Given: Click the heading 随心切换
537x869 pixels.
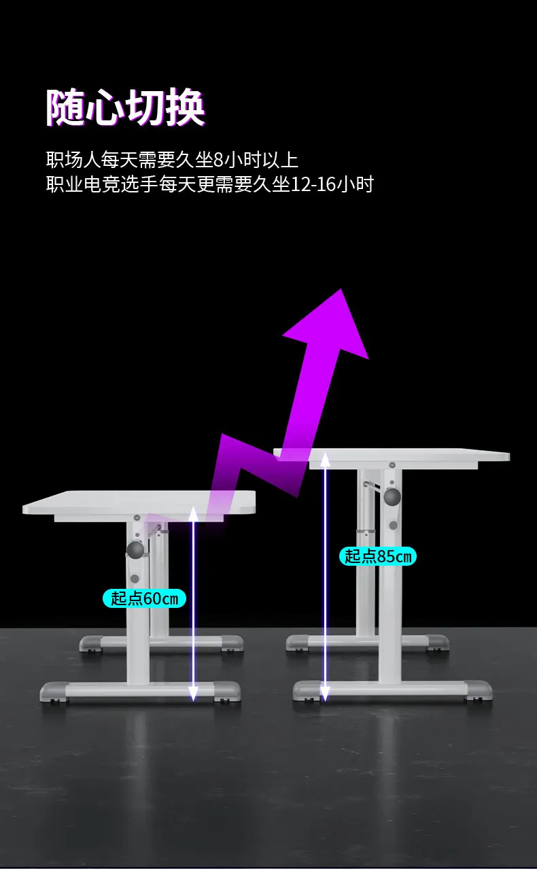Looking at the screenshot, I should pos(126,107).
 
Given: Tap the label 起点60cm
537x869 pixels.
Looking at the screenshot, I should pos(144,598).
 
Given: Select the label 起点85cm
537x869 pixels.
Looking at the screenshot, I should pos(377,556).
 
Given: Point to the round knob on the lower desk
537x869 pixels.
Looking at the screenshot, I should pos(135,549).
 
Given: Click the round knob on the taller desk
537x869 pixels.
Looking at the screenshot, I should pos(392,497).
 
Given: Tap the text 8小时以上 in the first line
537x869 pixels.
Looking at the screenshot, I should pos(256,160).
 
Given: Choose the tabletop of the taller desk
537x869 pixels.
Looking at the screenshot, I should pos(392,455).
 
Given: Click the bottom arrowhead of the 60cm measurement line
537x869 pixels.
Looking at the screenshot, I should pos(194,694).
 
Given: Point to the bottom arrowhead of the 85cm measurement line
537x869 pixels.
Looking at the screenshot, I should pos(325,694).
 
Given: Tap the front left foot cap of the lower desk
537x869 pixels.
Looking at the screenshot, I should pos(53,691).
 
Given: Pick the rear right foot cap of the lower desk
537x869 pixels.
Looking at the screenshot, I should pos(232,643).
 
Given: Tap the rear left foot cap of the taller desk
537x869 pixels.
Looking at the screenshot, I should pos(297,642).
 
